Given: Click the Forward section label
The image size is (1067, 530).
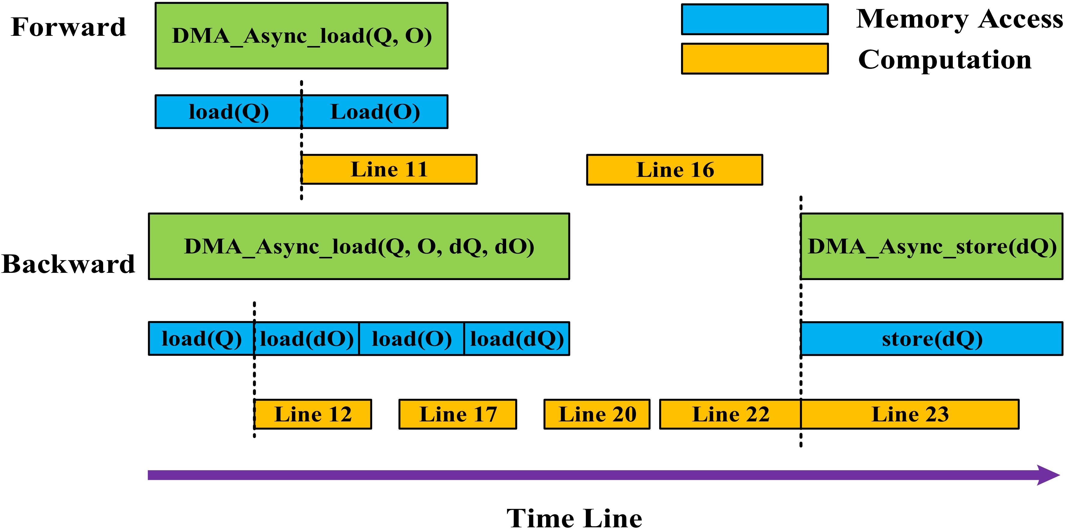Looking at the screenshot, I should [68, 27].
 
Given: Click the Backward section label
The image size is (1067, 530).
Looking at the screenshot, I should [68, 264].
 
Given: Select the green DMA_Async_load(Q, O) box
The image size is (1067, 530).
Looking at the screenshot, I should [301, 35].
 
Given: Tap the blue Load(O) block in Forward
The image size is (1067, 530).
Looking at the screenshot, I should [375, 112].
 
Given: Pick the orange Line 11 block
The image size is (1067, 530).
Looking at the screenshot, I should [389, 169].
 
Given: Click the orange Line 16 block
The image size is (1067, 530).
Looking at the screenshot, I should [674, 169].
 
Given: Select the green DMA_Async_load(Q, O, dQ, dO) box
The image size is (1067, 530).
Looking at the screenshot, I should [359, 246].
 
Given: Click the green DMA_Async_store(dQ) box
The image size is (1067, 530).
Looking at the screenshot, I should [931, 246].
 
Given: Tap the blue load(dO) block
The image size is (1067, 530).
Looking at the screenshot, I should [307, 339].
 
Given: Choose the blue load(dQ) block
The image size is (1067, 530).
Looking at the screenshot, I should [516, 339].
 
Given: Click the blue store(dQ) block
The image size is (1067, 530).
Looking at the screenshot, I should [931, 339].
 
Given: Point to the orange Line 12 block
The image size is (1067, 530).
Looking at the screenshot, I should [313, 414].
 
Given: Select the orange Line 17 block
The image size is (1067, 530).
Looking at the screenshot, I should [458, 414].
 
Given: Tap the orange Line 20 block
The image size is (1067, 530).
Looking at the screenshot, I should [597, 414].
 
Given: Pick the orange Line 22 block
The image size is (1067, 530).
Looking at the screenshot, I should [730, 414].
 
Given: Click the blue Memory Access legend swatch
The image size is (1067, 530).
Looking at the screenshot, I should [755, 19].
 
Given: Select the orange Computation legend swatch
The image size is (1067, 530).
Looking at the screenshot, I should [755, 58].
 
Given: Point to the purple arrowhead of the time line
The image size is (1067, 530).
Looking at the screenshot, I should [1048, 475].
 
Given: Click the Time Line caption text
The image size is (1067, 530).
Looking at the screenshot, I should [574, 518].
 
